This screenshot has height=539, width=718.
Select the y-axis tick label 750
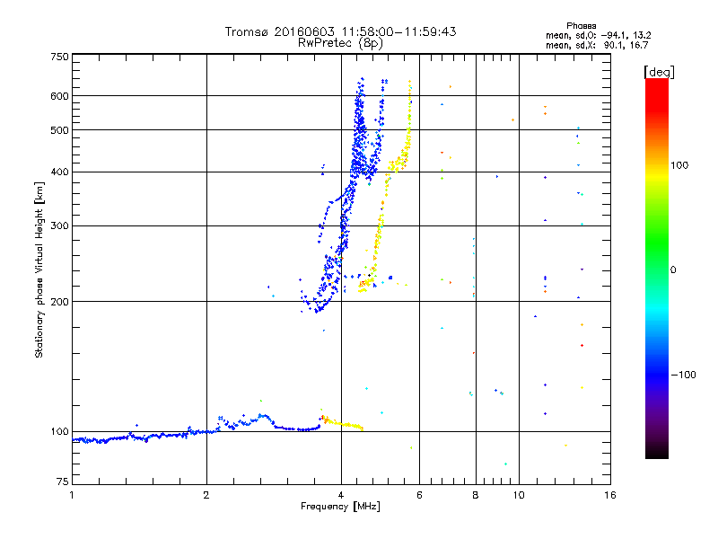pyautogui.click(x=59, y=57)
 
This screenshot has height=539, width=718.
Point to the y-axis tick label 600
pyautogui.click(x=59, y=96)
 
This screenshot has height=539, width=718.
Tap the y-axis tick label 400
pyautogui.click(x=59, y=172)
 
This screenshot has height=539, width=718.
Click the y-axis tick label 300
pyautogui.click(x=59, y=226)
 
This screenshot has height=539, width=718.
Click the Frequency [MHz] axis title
pyautogui.click(x=341, y=508)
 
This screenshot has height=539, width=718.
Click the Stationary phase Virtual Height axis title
pyautogui.click(x=39, y=269)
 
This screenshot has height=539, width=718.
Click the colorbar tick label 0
pyautogui.click(x=676, y=269)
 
